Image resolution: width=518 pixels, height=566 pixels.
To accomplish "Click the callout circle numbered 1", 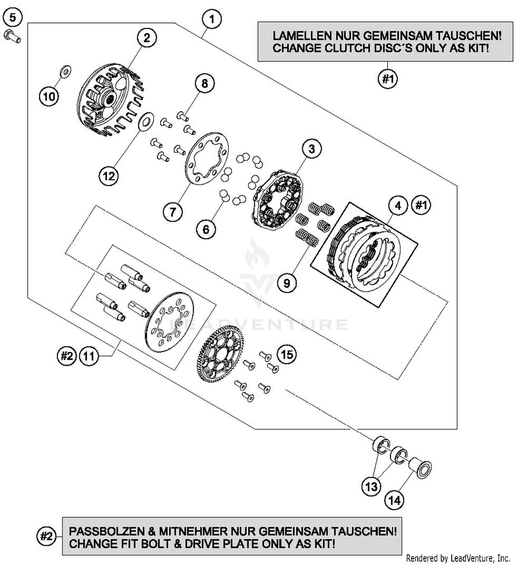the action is pyautogui.click(x=212, y=19).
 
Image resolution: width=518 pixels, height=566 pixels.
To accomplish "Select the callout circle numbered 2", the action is pyautogui.click(x=147, y=38).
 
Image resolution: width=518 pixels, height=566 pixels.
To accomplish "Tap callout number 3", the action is pyautogui.click(x=311, y=149).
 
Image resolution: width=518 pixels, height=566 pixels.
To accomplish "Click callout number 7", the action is pyautogui.click(x=173, y=212).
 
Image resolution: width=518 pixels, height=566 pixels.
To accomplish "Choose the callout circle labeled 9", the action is pyautogui.click(x=287, y=283).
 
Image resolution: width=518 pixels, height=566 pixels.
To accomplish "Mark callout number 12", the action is pyautogui.click(x=109, y=176).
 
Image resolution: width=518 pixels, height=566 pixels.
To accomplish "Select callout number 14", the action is pyautogui.click(x=394, y=500).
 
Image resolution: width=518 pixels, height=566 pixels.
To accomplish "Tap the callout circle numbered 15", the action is pyautogui.click(x=287, y=355).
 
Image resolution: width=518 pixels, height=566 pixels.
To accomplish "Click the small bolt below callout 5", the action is pyautogui.click(x=12, y=37).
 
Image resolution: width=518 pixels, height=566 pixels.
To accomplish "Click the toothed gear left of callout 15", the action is pyautogui.click(x=221, y=355).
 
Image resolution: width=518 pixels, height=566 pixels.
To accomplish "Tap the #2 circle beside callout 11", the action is pyautogui.click(x=66, y=356).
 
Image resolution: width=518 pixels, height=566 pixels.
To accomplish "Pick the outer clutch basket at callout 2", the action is pyautogui.click(x=109, y=100).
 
